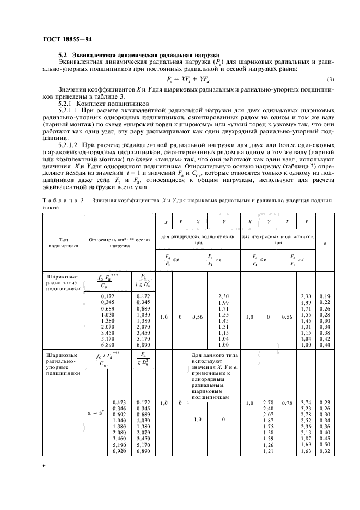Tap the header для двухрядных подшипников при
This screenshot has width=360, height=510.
[x=278, y=240]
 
